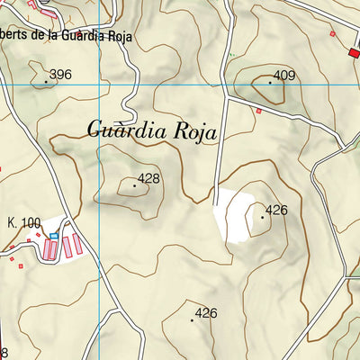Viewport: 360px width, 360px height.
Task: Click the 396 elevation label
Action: click(61, 75)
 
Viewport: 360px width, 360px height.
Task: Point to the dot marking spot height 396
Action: click(46, 81)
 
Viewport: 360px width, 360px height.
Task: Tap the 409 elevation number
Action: click(284, 76)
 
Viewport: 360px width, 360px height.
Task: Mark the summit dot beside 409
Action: click(269, 82)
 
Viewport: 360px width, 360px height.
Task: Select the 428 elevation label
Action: click(148, 179)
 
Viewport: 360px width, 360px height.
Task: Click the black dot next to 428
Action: click(135, 185)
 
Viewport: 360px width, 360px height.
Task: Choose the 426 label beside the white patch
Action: click(276, 211)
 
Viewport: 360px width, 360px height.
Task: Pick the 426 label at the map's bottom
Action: click(207, 313)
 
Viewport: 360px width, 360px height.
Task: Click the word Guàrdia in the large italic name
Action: click(125, 130)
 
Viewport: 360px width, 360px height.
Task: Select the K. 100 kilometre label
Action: click(24, 222)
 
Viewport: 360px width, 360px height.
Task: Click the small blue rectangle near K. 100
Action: click(53, 236)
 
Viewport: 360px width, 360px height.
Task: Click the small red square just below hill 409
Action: click(259, 111)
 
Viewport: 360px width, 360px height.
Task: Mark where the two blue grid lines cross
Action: click(99, 84)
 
